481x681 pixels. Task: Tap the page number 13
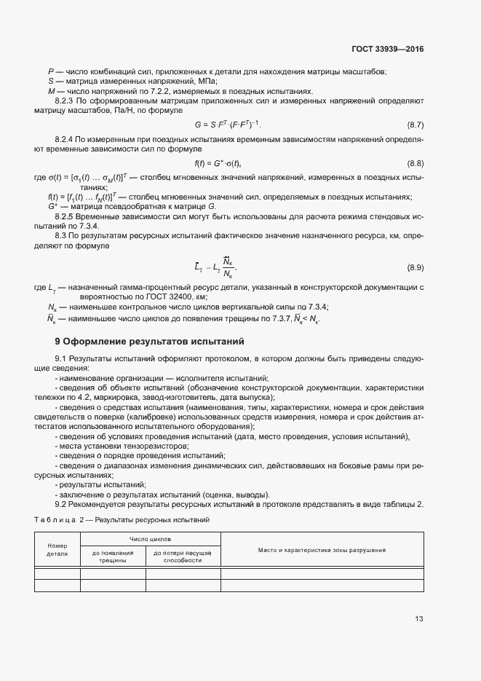click(419, 619)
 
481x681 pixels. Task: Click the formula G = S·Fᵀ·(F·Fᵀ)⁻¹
click(227, 125)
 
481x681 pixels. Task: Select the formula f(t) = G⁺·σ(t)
click(217, 163)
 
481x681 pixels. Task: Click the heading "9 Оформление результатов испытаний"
click(149, 341)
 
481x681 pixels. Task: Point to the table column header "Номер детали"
click(57, 549)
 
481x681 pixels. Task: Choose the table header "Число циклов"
click(150, 539)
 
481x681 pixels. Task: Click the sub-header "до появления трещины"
click(113, 557)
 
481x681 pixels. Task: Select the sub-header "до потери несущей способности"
click(183, 557)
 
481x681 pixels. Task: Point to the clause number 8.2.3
click(65, 101)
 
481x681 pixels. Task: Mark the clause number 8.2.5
click(65, 217)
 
